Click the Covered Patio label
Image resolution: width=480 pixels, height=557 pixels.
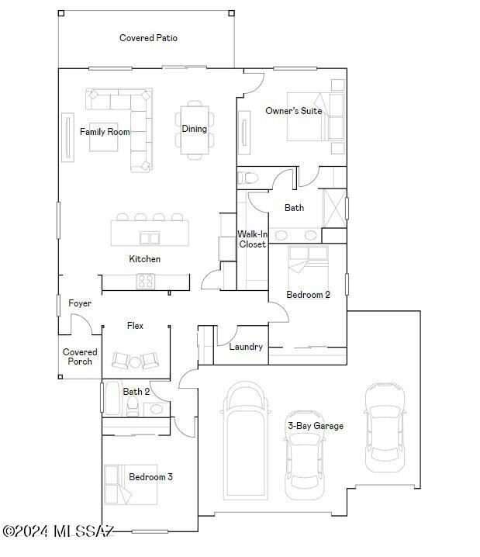coord(148,37)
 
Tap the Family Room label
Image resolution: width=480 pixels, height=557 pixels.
coord(105,132)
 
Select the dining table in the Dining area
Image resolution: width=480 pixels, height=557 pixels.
coord(194,129)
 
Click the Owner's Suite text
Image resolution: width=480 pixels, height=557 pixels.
coord(293,111)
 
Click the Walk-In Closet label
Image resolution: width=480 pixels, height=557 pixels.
coord(252,239)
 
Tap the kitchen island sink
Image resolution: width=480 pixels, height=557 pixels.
coord(150,237)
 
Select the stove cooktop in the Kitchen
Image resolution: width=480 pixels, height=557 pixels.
coord(146,281)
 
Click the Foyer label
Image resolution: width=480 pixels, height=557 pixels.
coord(80,303)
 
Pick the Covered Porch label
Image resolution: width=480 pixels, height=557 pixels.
coord(80,357)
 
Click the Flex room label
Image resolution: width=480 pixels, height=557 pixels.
coord(135,326)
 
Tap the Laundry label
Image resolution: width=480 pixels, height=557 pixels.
coord(246,347)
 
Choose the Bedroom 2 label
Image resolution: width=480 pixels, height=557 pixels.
coord(308,295)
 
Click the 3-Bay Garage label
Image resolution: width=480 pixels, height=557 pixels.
coord(316,426)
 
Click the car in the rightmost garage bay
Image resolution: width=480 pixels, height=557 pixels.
coord(384,427)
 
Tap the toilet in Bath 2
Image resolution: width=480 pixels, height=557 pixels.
coord(133,407)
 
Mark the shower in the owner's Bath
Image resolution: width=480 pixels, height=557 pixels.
coord(334,207)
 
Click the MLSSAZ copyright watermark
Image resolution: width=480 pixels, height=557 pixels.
coord(58,531)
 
